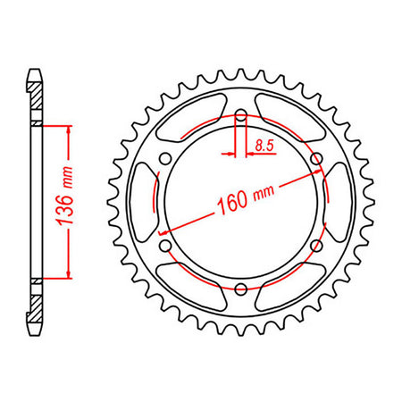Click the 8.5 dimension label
click(x=264, y=146)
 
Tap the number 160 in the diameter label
click(x=232, y=205)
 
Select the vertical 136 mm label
click(x=65, y=196)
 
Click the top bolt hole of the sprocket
click(x=241, y=115)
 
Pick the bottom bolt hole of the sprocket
click(x=241, y=289)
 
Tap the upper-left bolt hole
click(x=165, y=158)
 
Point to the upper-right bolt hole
click(x=317, y=158)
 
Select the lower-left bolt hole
click(x=165, y=246)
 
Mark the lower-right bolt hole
click(x=317, y=246)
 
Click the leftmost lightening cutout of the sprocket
click(x=145, y=202)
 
